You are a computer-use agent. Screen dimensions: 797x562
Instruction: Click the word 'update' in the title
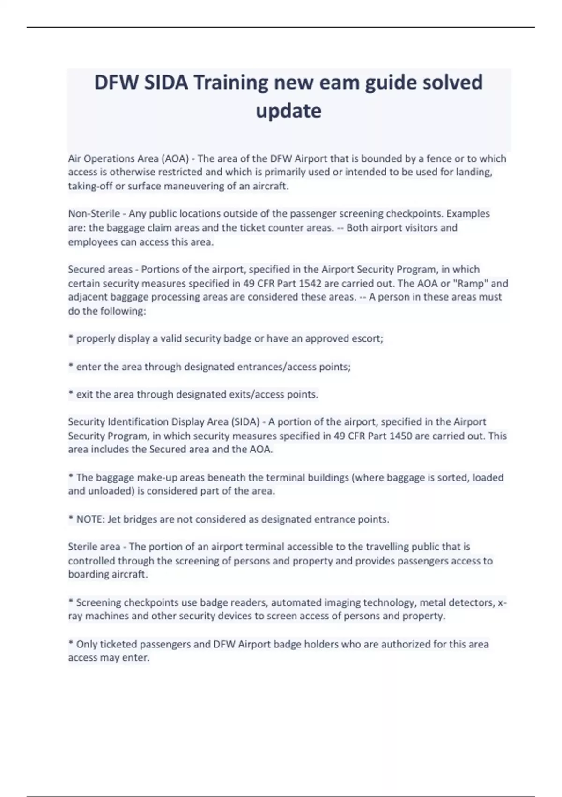click(288, 111)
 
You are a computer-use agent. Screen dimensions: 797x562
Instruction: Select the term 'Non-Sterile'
click(94, 214)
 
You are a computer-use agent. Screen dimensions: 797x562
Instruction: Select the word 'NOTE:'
click(90, 519)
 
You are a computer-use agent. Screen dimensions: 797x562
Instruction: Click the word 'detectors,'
click(470, 603)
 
